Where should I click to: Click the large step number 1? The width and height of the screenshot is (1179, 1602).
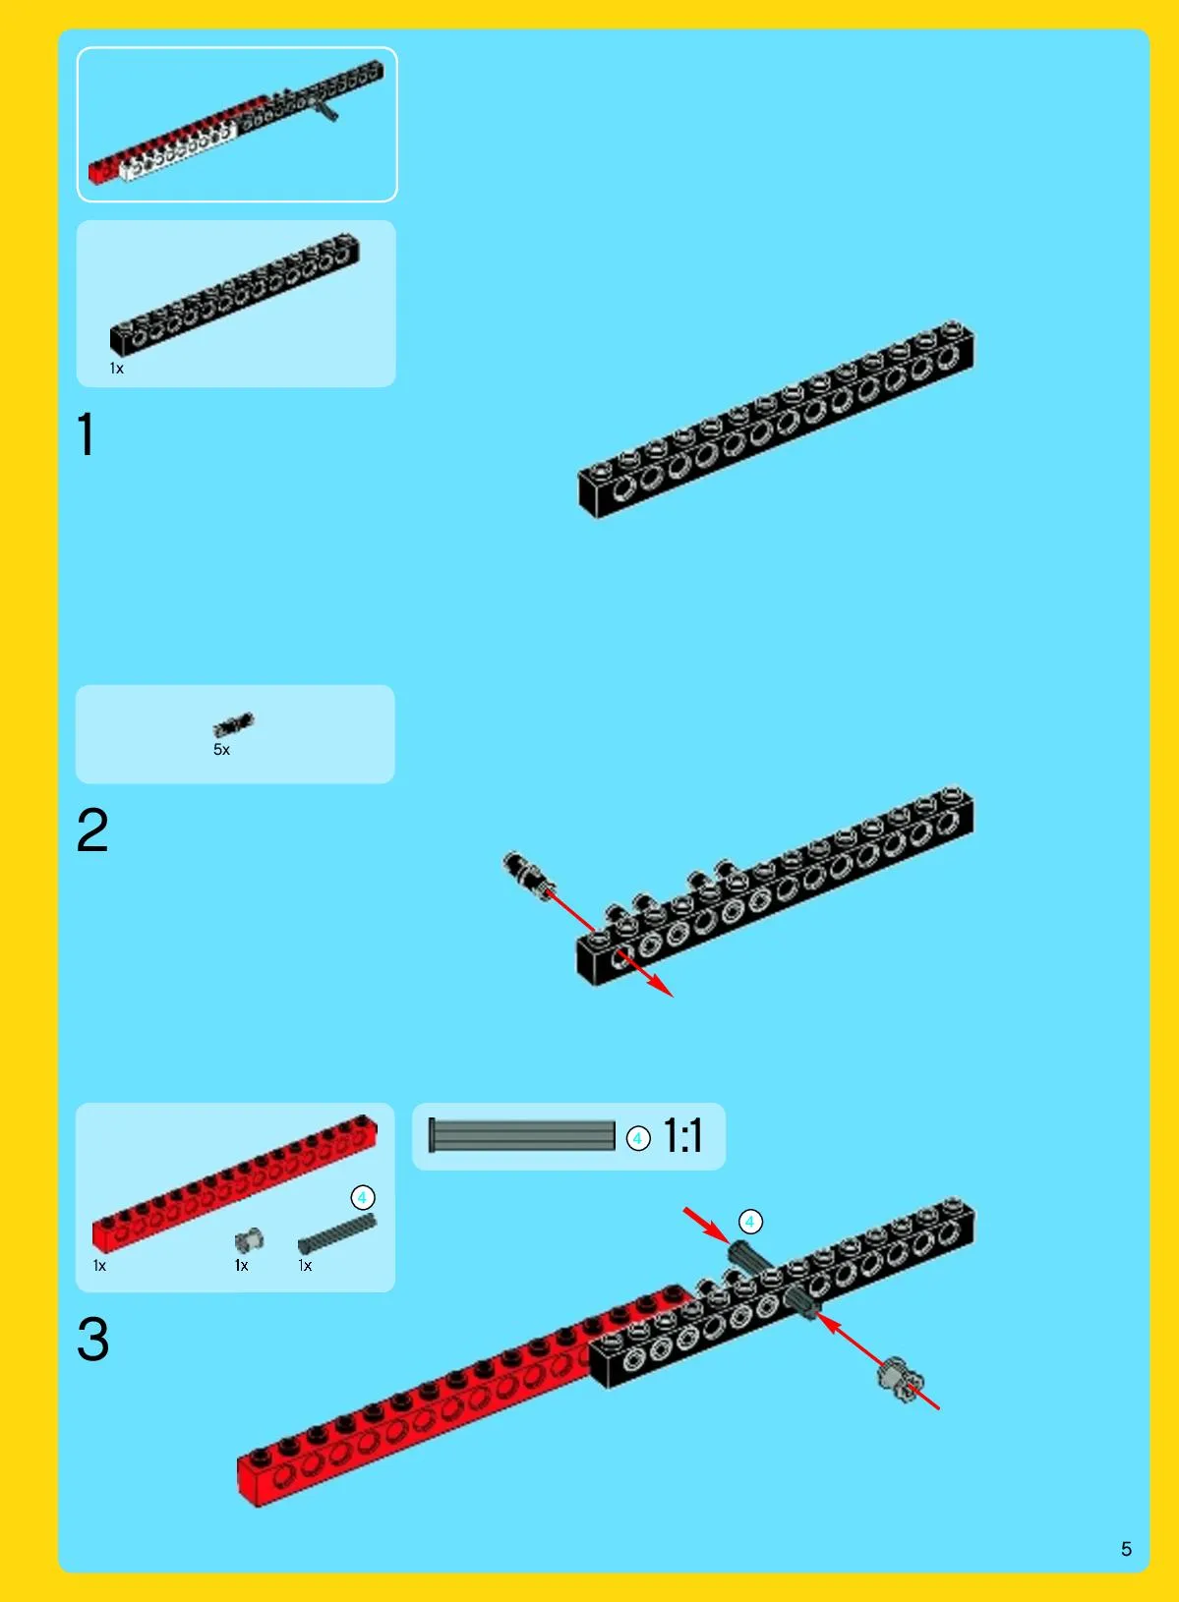tap(87, 434)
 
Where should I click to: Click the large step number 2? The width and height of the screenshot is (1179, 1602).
tap(92, 830)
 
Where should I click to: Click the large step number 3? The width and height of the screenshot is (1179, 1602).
tap(93, 1339)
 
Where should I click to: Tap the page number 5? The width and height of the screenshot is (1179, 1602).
tap(1126, 1549)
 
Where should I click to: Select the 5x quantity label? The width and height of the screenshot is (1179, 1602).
tap(222, 750)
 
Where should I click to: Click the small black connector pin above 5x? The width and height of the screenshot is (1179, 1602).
tap(233, 724)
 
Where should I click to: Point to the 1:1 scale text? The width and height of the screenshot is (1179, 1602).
tap(683, 1135)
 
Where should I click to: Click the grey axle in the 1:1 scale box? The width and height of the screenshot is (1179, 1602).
tap(521, 1135)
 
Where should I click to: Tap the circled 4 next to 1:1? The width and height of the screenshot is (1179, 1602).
tap(638, 1138)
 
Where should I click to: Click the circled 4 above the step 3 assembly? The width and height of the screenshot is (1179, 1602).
tap(749, 1223)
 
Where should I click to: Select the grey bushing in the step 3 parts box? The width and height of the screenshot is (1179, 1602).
tap(249, 1238)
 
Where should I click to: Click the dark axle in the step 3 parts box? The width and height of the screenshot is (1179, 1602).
tap(336, 1233)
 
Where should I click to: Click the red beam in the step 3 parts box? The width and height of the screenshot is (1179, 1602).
tap(235, 1183)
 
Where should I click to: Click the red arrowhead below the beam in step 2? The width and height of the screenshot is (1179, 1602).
tap(660, 986)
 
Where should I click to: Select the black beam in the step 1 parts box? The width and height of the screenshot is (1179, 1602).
tap(235, 295)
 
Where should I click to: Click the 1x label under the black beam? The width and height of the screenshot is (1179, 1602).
tap(117, 369)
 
